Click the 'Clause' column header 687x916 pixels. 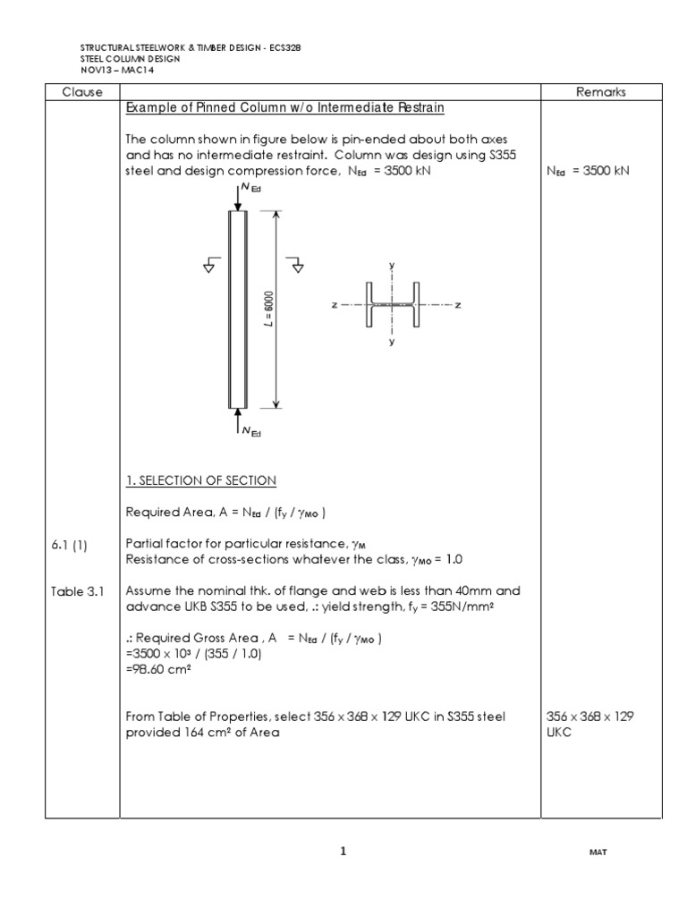81,92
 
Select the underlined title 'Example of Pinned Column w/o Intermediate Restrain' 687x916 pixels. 285,108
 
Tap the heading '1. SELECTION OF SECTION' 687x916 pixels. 201,480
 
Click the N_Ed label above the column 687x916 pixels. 250,189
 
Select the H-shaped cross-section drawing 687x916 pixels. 392,305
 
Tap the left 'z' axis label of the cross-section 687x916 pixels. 334,305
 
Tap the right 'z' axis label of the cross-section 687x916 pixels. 457,305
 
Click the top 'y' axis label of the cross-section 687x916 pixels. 392,266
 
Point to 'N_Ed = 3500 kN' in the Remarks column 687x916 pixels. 588,171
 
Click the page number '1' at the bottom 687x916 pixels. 343,852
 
